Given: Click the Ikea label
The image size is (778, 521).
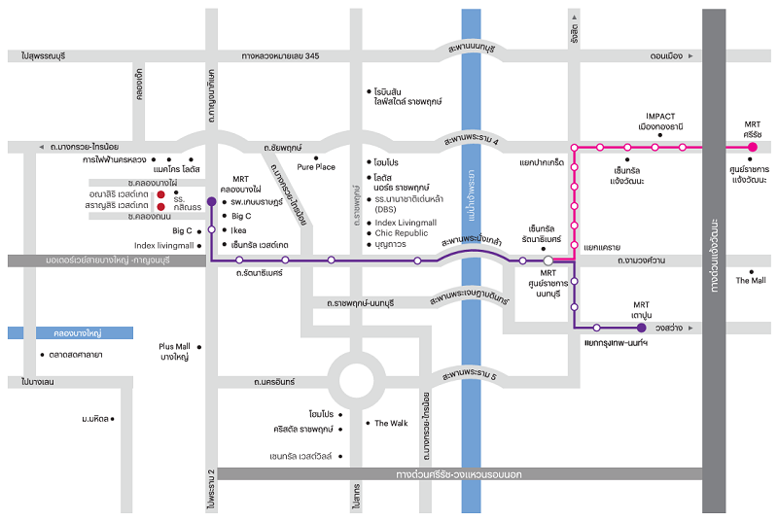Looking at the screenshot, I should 241,230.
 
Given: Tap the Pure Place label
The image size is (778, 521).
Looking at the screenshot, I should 316,167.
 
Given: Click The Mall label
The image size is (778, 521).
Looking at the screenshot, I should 750,281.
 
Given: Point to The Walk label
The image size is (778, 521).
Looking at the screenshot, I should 391,423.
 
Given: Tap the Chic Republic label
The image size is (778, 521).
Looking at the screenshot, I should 401,233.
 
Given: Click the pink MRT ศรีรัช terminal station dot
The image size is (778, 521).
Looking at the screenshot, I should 752,147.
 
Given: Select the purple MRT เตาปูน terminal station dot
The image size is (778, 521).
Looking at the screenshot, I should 641,328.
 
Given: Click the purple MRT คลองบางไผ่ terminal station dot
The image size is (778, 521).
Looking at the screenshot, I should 212,200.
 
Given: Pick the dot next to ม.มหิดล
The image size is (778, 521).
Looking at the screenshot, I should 113,419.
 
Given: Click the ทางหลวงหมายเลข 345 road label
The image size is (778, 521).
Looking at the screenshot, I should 280,57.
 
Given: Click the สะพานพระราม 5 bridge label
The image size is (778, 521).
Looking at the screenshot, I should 469,375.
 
